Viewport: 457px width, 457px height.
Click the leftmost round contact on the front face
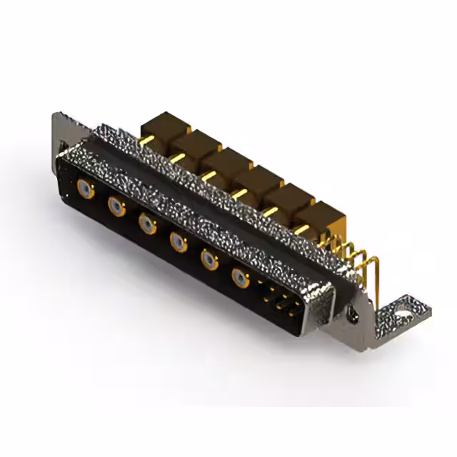85,189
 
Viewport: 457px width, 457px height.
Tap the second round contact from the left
116,207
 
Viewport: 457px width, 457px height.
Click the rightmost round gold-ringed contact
241,278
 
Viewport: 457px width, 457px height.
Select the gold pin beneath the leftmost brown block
147,139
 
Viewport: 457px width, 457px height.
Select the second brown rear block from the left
193,144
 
